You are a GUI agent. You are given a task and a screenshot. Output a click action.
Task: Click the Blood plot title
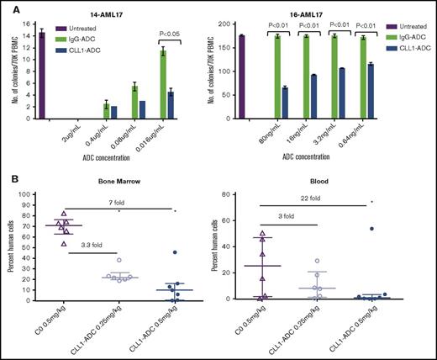coord(315,183)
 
